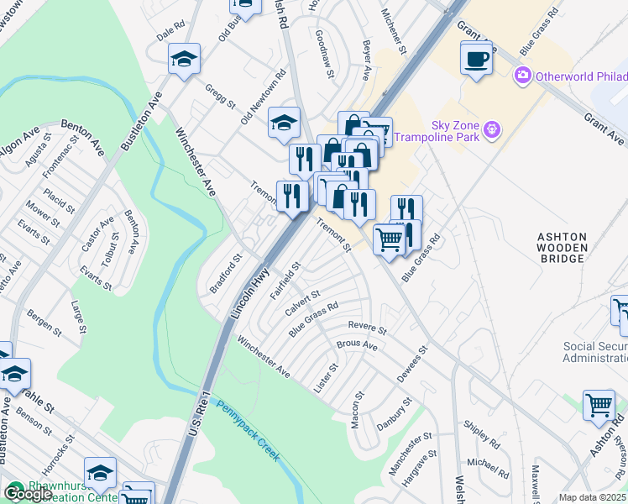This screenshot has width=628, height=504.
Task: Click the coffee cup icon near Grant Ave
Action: [x=477, y=59]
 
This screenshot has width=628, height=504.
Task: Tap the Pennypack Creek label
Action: [x=249, y=432]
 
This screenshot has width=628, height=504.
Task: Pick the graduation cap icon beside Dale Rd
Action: [x=184, y=59]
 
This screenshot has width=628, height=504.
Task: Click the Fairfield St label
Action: [x=285, y=281]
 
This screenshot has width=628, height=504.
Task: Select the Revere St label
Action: [x=369, y=328]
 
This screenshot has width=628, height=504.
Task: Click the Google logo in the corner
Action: [x=27, y=494]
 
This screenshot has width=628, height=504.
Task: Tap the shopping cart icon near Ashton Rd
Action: [x=599, y=405]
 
